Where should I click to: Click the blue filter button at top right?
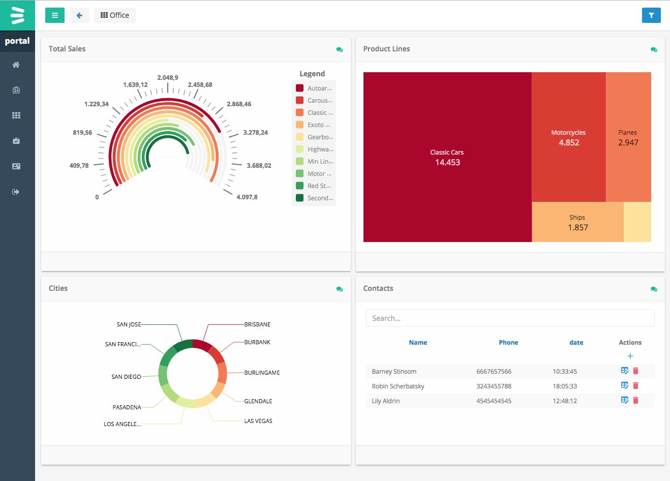click(651, 15)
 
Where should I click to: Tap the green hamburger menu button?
click(55, 15)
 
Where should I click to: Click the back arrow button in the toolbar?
click(79, 15)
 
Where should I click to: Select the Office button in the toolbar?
click(115, 15)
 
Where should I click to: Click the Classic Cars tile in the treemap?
click(447, 157)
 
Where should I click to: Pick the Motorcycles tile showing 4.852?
click(568, 137)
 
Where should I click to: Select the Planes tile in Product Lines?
click(628, 137)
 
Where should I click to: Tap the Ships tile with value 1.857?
click(577, 222)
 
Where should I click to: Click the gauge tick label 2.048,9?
click(168, 78)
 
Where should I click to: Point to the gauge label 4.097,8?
click(247, 197)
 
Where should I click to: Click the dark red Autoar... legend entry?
click(314, 88)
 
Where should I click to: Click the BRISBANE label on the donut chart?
click(257, 324)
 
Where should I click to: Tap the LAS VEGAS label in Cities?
click(258, 421)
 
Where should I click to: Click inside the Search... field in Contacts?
click(510, 318)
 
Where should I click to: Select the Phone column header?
click(508, 343)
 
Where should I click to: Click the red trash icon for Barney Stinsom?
click(635, 371)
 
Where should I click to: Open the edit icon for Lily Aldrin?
click(625, 401)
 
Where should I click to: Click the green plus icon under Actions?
click(630, 356)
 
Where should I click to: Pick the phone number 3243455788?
click(494, 386)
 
